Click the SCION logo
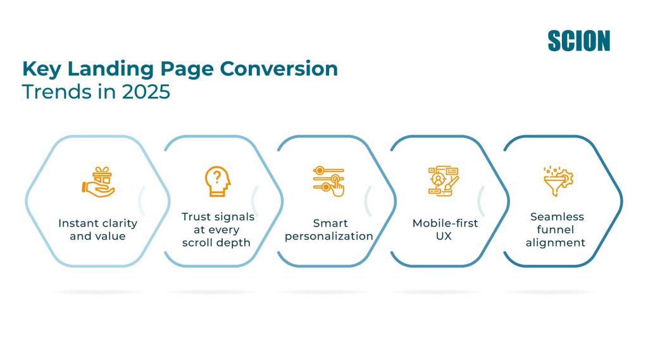pyautogui.click(x=578, y=40)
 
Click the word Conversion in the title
pyautogui.click(x=279, y=68)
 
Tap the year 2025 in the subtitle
pyautogui.click(x=146, y=91)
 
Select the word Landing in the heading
pyautogui.click(x=110, y=69)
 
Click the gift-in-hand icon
pyautogui.click(x=97, y=182)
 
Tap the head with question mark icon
pyautogui.click(x=218, y=181)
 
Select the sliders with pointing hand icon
pyautogui.click(x=328, y=181)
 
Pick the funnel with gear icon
pyautogui.click(x=558, y=181)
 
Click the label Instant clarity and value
pyautogui.click(x=97, y=230)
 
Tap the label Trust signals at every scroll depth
pyautogui.click(x=218, y=230)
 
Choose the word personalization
pyautogui.click(x=329, y=237)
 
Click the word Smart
pyautogui.click(x=330, y=223)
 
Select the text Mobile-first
pyautogui.click(x=445, y=223)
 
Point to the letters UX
pyautogui.click(x=444, y=236)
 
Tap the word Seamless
pyautogui.click(x=557, y=216)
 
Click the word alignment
pyautogui.click(x=556, y=242)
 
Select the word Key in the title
pyautogui.click(x=42, y=69)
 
